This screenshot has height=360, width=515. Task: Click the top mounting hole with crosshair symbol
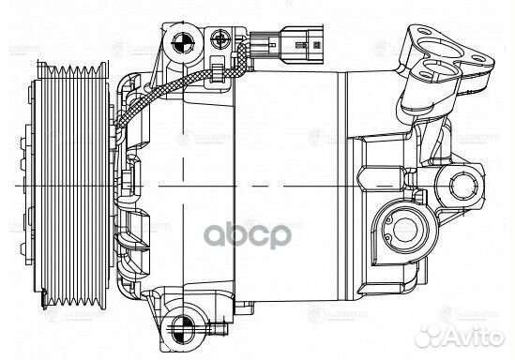[182, 42]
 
